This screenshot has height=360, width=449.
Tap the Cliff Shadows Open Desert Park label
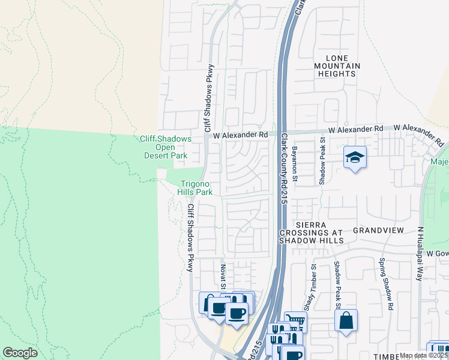tap(165, 147)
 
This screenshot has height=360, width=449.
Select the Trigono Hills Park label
tap(194, 188)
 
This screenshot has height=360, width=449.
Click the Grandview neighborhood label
tap(376, 230)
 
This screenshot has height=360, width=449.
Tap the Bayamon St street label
tap(295, 163)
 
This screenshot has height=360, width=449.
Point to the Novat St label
tap(222, 278)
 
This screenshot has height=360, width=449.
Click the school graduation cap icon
tap(355, 158)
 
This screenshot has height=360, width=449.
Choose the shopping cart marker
tap(295, 321)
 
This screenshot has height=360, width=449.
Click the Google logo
tap(20, 353)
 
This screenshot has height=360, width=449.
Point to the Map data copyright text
tap(424, 355)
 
